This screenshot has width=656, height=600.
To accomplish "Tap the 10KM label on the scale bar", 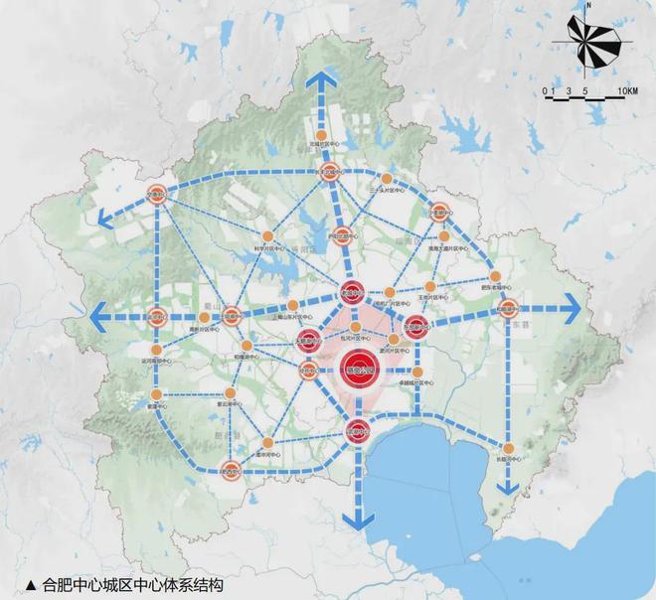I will pos(626,91).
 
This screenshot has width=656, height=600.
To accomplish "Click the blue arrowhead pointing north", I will pos(320,80).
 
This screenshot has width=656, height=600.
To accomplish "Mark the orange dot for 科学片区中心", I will pos(267,236).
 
